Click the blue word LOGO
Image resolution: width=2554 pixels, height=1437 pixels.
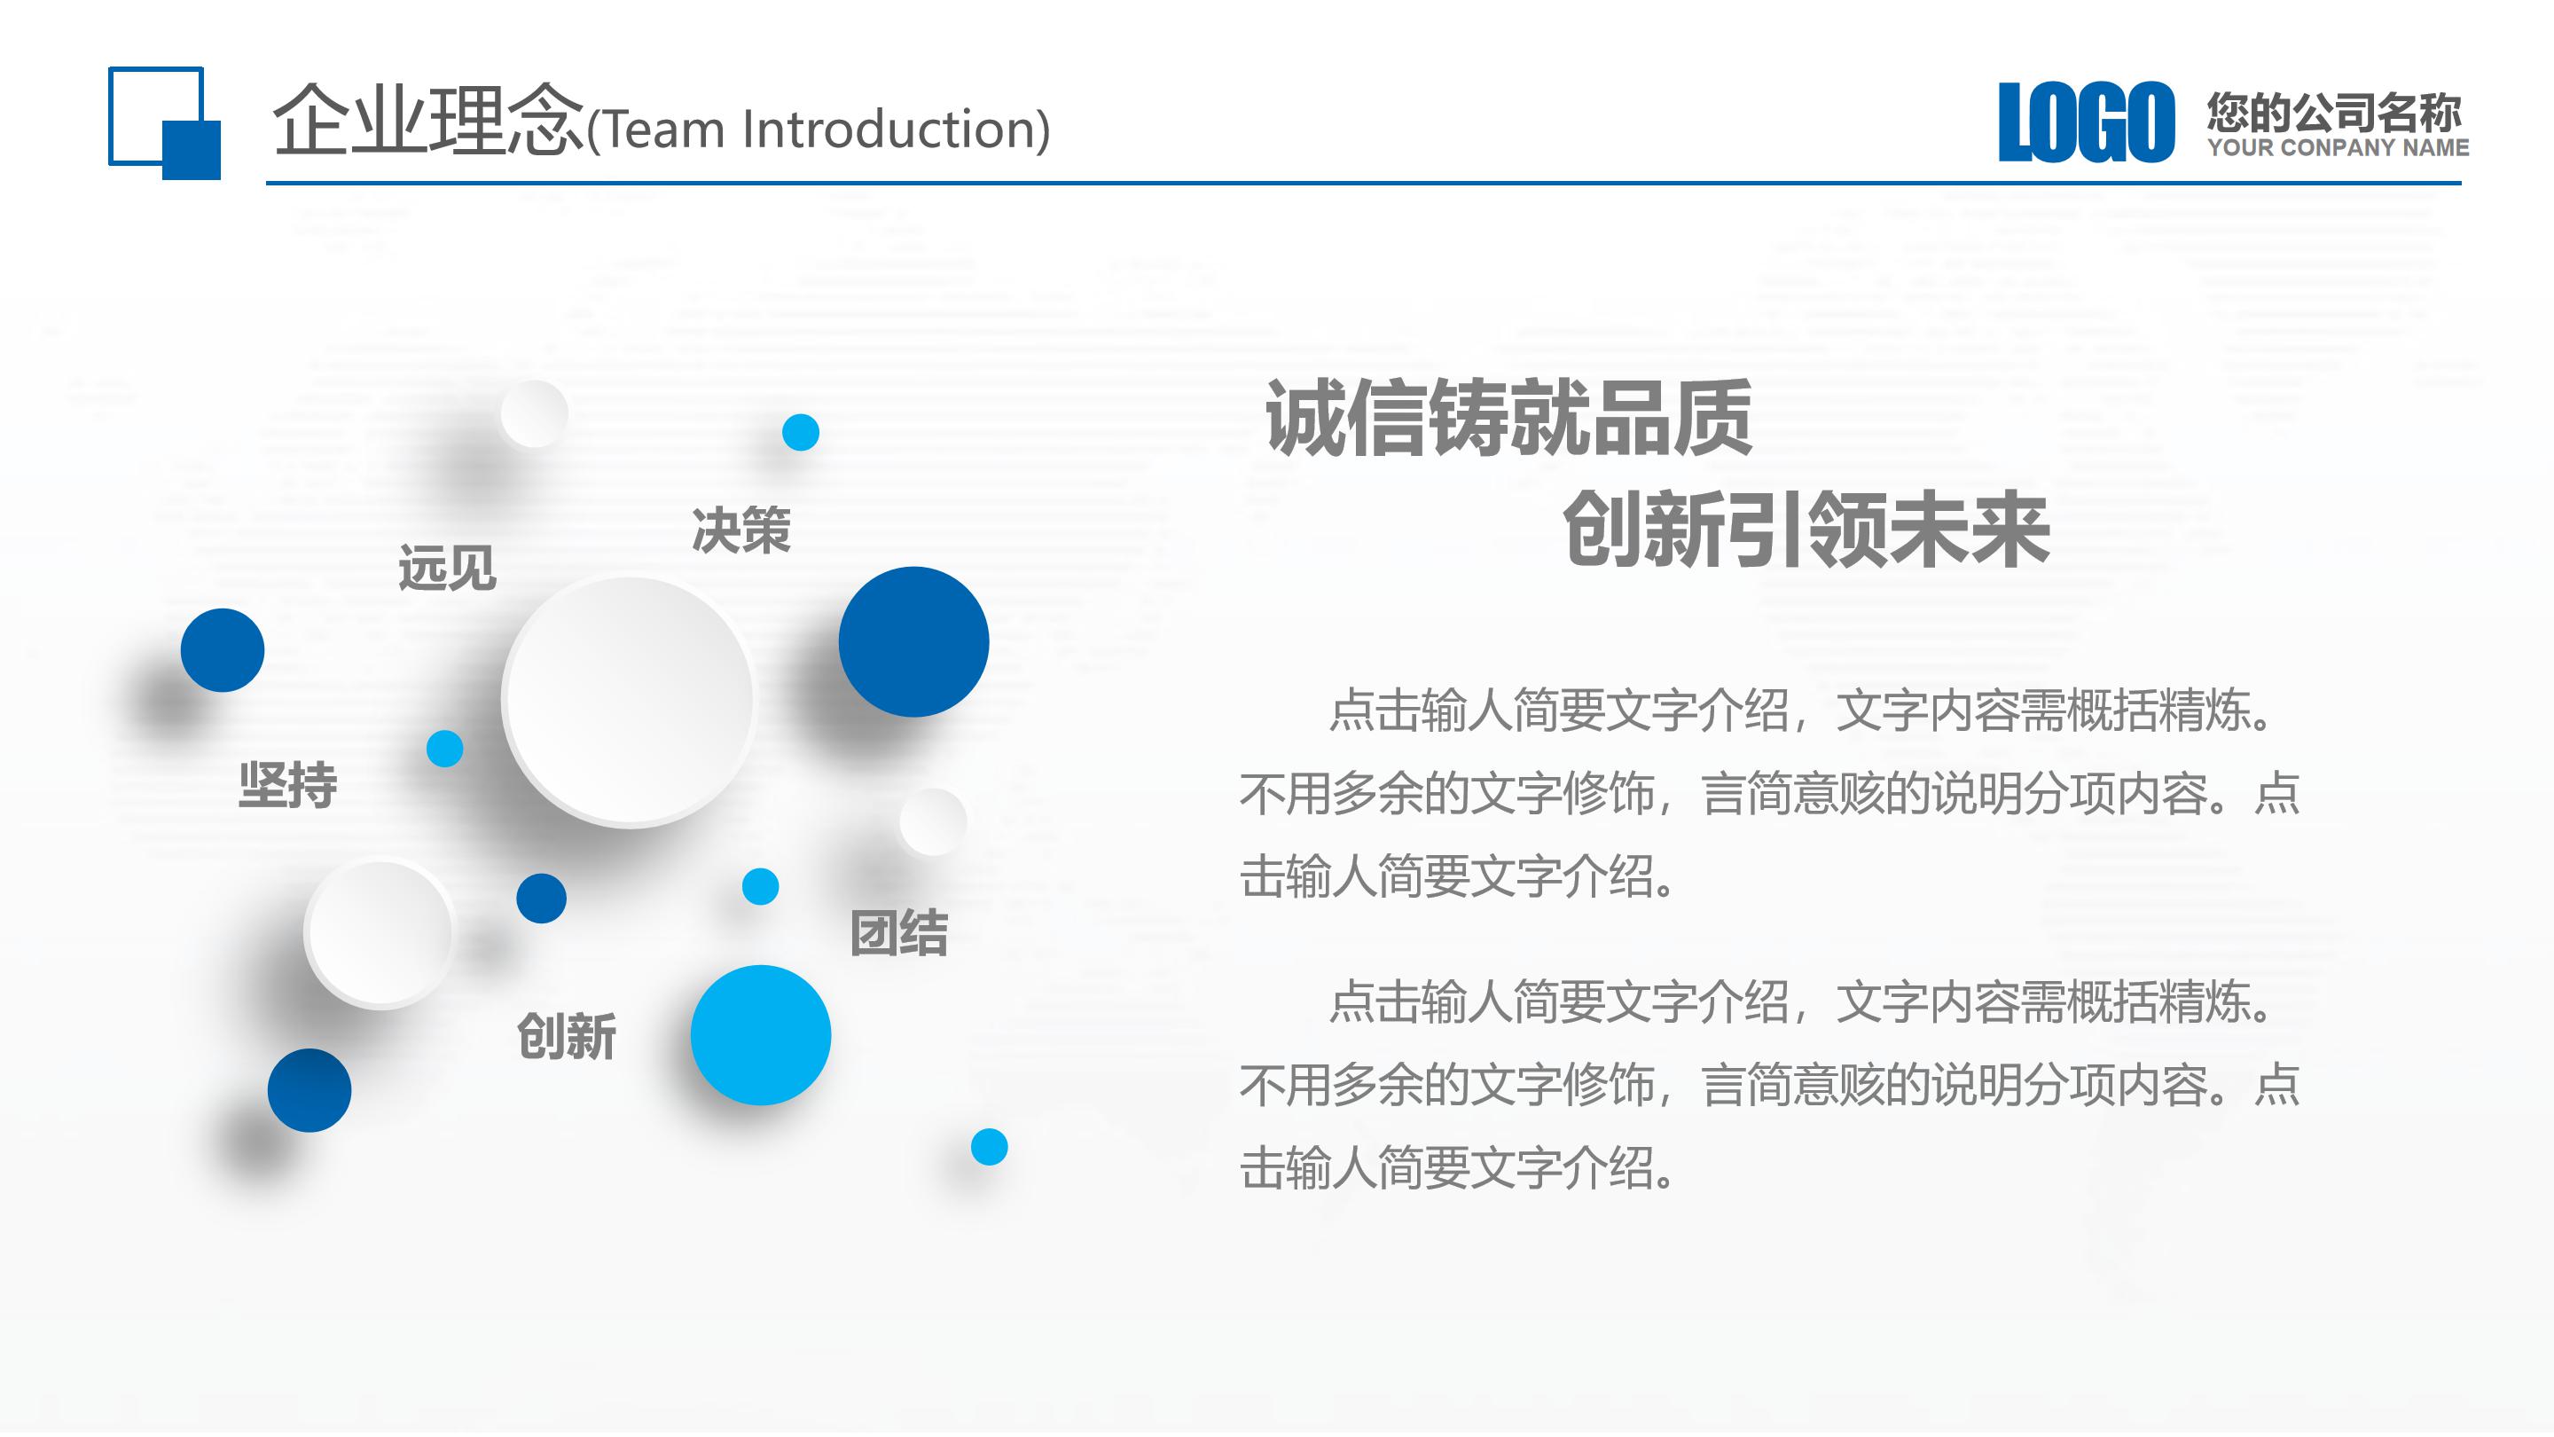2085,123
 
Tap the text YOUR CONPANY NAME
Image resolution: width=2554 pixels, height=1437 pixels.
2337,148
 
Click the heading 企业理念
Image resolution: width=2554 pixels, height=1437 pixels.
428,121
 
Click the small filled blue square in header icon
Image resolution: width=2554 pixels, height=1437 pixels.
192,150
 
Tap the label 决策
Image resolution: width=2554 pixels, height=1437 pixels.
740,530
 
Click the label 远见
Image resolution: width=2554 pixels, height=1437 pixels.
447,569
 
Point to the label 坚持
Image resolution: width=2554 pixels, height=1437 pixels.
287,785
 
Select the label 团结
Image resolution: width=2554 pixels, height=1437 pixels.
898,933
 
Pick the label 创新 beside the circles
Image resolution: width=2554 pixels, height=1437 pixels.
566,1036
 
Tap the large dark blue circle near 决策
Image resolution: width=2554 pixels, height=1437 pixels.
913,641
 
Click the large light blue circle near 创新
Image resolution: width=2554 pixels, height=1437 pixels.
761,1034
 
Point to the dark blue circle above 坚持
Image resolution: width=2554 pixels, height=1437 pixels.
222,649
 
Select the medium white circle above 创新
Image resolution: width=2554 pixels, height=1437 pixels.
379,932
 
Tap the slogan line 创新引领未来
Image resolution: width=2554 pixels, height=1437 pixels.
1806,531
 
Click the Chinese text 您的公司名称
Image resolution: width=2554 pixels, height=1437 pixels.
2333,112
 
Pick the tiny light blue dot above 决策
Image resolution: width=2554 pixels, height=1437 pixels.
800,432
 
